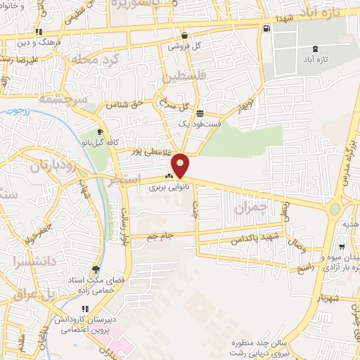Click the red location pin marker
tap(181, 166)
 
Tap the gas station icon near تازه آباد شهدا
tap(266, 29)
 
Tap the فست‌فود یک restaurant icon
tap(200, 113)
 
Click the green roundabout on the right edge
tap(335, 209)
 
